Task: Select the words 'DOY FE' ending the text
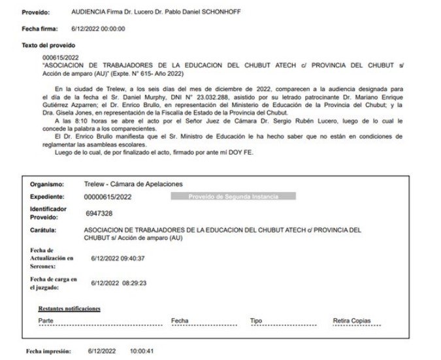pyautogui.click(x=240, y=153)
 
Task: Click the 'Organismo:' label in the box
pyautogui.click(x=48, y=184)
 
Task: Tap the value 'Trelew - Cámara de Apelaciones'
pyautogui.click(x=133, y=184)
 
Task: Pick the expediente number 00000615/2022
pyautogui.click(x=108, y=196)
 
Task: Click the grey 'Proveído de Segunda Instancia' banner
pyautogui.click(x=233, y=196)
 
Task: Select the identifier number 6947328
pyautogui.click(x=99, y=213)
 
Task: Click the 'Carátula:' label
pyautogui.click(x=46, y=231)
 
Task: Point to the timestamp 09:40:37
pyautogui.click(x=133, y=258)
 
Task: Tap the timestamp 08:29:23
pyautogui.click(x=133, y=283)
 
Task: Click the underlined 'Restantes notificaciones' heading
pyautogui.click(x=69, y=308)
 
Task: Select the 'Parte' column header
pyautogui.click(x=46, y=321)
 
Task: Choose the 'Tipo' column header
pyautogui.click(x=256, y=321)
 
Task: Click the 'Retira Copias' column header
pyautogui.click(x=351, y=321)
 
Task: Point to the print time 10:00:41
pyautogui.click(x=142, y=352)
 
